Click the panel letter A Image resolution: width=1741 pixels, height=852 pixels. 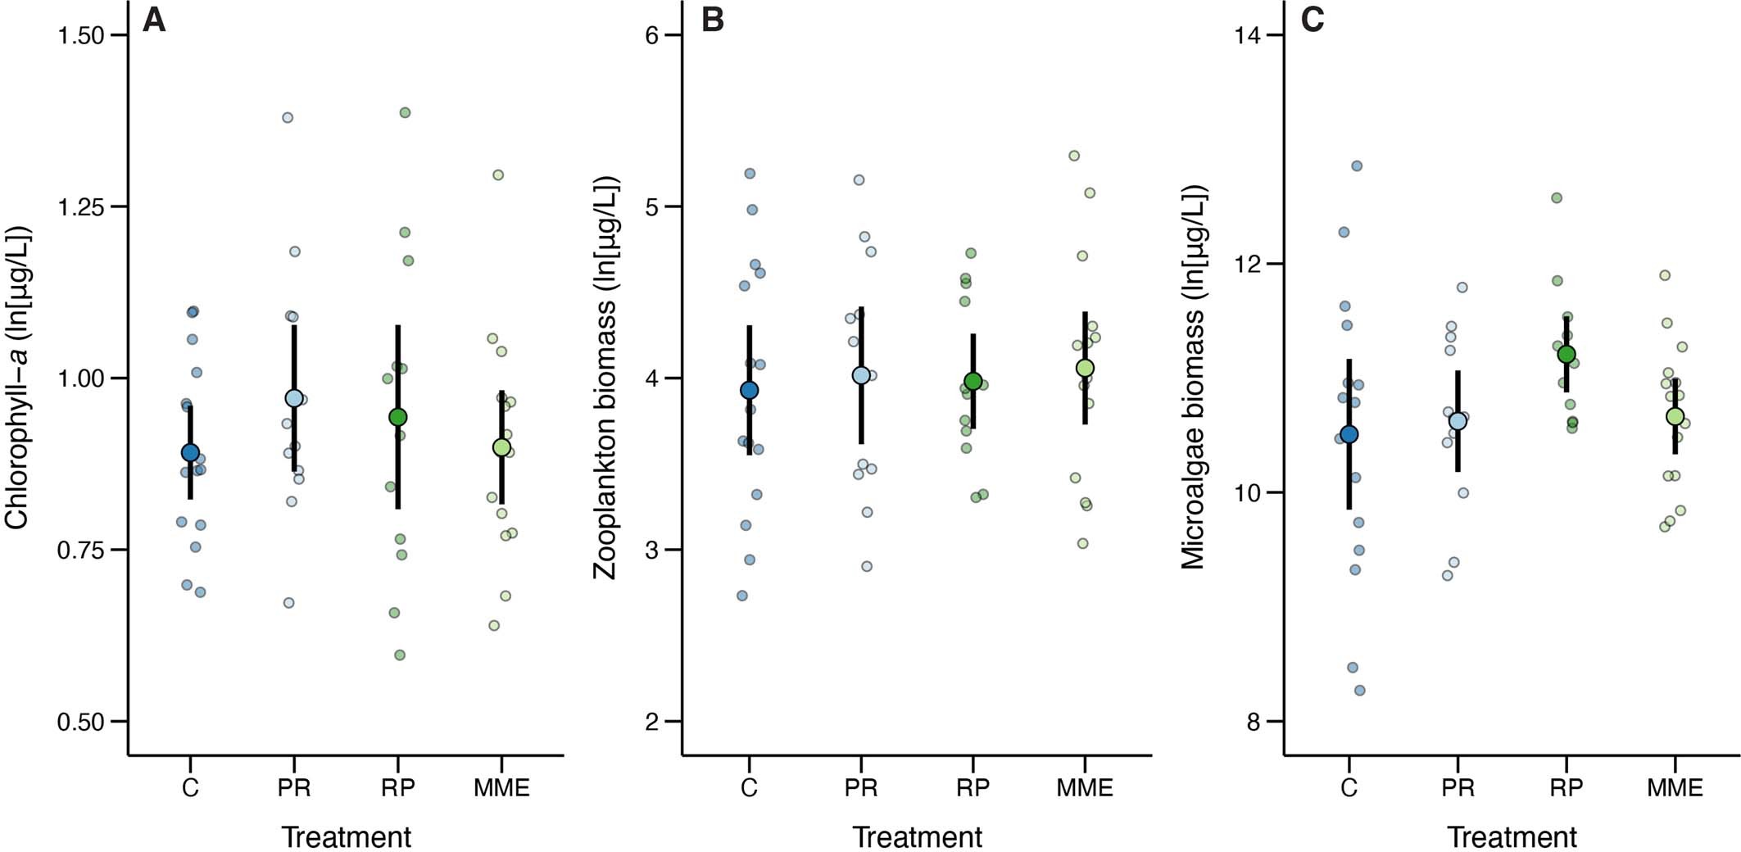[x=154, y=20]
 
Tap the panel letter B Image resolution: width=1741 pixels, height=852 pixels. [x=713, y=20]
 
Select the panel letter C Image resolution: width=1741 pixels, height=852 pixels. [x=1313, y=20]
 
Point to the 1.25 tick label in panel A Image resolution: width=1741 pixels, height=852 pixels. [x=80, y=206]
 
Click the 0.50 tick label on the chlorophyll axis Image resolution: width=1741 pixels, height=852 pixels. [x=80, y=722]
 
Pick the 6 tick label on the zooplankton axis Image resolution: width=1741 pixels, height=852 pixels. [x=653, y=35]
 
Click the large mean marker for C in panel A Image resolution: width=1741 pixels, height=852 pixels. [x=190, y=452]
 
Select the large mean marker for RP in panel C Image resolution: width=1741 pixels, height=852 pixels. [x=1566, y=354]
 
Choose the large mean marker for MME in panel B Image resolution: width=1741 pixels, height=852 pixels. [x=1085, y=368]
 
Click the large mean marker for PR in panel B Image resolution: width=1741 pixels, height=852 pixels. [x=861, y=375]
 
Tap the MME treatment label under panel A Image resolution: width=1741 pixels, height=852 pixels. [x=501, y=788]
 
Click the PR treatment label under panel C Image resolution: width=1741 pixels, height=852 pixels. [x=1458, y=788]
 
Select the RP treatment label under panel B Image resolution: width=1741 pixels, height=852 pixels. [x=973, y=788]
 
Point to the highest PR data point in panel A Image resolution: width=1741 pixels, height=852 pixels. [x=288, y=117]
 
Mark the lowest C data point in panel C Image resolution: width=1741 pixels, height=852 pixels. [x=1359, y=691]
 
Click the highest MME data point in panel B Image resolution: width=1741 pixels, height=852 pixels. [x=1074, y=156]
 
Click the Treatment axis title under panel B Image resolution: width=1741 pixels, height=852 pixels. [x=917, y=837]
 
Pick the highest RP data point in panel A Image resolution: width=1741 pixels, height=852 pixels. [x=405, y=112]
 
